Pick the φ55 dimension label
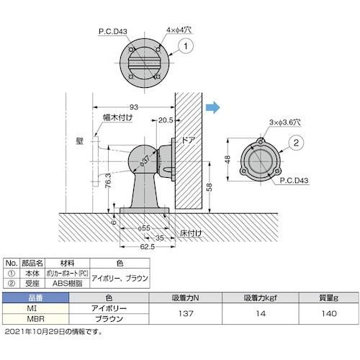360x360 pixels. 144,227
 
